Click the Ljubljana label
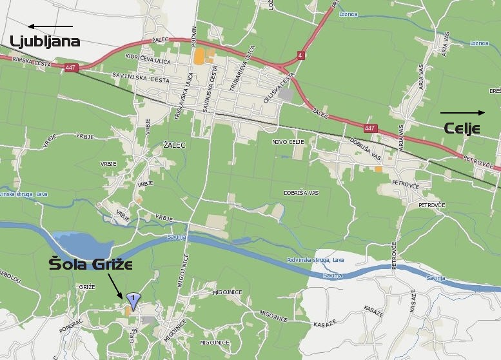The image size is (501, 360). click(x=44, y=42)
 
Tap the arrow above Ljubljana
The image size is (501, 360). click(x=50, y=26)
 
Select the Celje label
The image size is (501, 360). click(x=463, y=128)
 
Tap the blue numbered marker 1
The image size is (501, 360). click(x=133, y=299)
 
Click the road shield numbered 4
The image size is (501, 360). click(x=300, y=55)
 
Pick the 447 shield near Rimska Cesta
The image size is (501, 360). click(x=70, y=66)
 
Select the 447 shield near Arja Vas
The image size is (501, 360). click(x=369, y=128)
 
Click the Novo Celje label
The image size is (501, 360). click(x=287, y=141)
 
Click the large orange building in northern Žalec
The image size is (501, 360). click(x=199, y=55)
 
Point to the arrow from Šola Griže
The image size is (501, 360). click(x=115, y=285)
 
